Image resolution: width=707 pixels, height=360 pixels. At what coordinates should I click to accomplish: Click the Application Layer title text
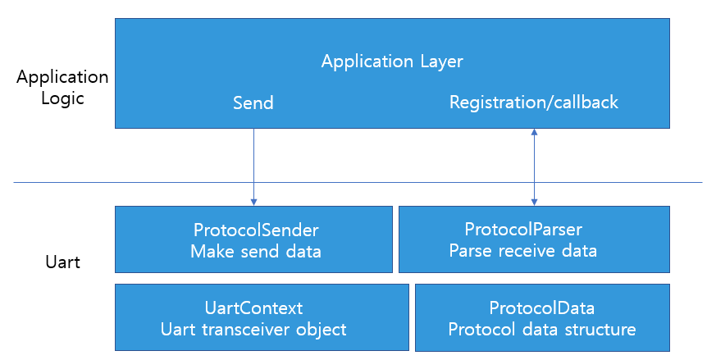pos(392,62)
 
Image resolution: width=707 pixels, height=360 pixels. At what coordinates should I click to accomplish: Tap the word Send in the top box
pos(253,103)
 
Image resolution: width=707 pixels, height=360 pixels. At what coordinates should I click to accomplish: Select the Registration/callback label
pos(534,103)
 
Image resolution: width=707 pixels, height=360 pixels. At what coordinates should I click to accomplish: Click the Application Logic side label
pos(62,88)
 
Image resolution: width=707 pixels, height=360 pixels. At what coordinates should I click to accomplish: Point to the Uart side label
pos(62,262)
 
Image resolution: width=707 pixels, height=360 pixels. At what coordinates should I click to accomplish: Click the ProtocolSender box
pos(253,239)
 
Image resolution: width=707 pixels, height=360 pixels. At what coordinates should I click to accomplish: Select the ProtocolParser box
pos(534,239)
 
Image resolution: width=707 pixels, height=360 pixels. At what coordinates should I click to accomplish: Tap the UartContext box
pos(262,317)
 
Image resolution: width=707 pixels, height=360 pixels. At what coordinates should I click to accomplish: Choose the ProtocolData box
pos(542,317)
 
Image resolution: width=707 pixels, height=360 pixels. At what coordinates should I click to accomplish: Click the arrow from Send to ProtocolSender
pos(253,166)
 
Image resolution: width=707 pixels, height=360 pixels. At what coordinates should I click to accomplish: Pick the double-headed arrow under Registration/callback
pos(534,167)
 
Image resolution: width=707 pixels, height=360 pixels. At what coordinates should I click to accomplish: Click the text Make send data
pos(256,251)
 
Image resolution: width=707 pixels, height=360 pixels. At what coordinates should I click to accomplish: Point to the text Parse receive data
pos(523,250)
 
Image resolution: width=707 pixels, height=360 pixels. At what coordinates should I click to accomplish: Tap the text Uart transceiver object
pos(253,330)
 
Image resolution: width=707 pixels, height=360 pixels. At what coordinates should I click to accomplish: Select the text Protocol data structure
pos(542,330)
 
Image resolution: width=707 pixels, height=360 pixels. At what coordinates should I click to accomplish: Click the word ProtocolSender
pos(256,230)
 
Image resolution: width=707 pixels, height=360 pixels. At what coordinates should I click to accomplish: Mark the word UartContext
pos(254,308)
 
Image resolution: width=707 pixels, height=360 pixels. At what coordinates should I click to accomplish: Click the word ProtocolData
pos(542,308)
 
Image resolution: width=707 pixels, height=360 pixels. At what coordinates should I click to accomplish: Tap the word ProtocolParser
pos(523,230)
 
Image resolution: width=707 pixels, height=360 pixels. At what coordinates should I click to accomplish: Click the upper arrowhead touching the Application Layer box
pos(534,131)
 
